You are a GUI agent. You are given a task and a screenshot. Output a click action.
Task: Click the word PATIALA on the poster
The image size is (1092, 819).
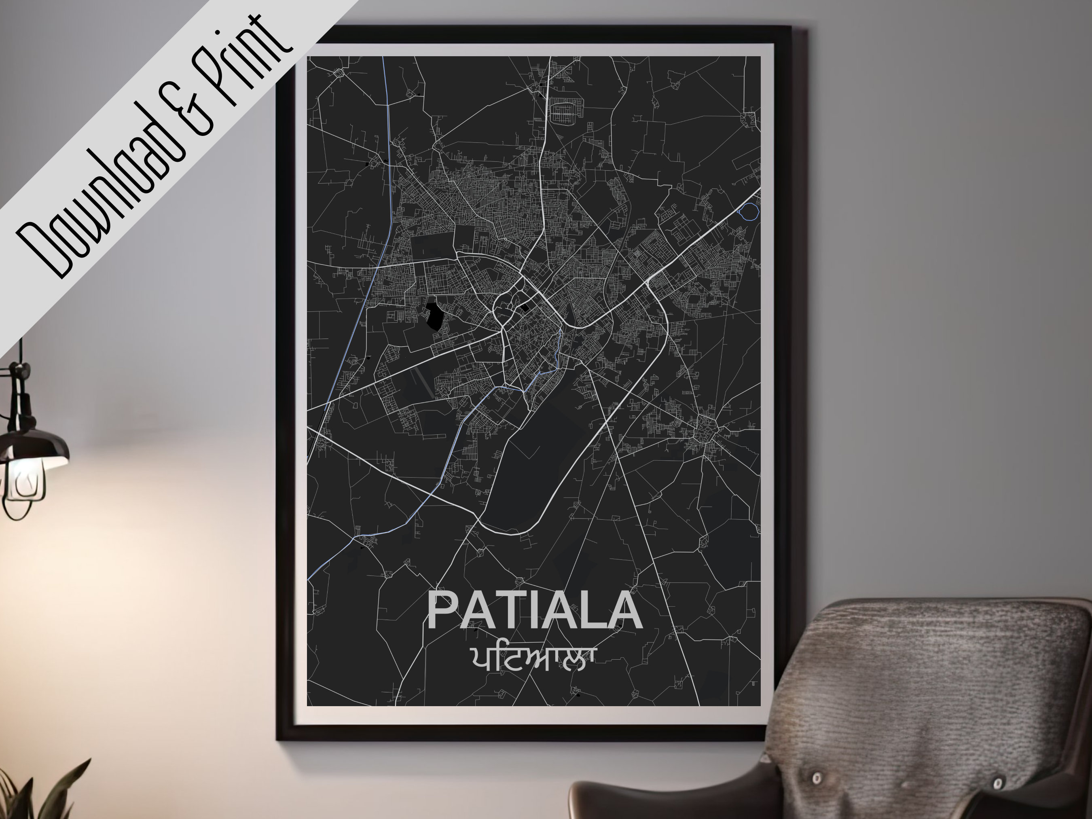pyautogui.click(x=534, y=611)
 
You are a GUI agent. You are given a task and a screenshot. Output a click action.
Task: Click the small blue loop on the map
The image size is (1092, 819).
pyautogui.click(x=748, y=211)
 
